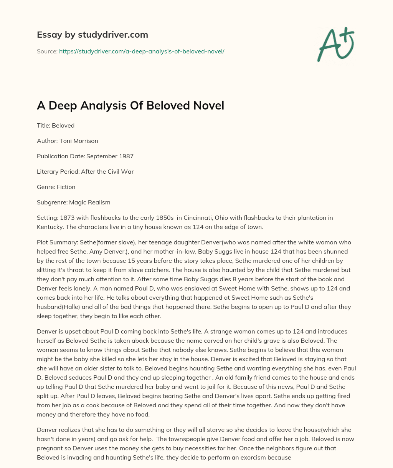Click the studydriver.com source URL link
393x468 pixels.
[x=142, y=51]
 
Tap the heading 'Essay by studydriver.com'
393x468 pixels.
[x=92, y=35]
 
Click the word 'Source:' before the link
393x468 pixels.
[x=47, y=51]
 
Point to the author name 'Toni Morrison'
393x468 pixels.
[x=79, y=141]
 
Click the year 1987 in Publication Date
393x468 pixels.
[x=126, y=156]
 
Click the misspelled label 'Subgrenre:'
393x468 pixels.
[x=52, y=202]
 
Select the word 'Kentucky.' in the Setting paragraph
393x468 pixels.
[x=50, y=227]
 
